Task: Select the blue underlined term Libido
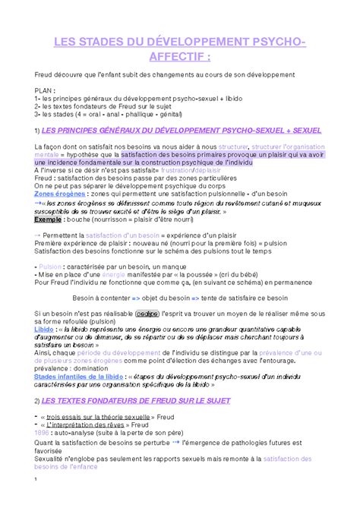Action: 44,330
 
